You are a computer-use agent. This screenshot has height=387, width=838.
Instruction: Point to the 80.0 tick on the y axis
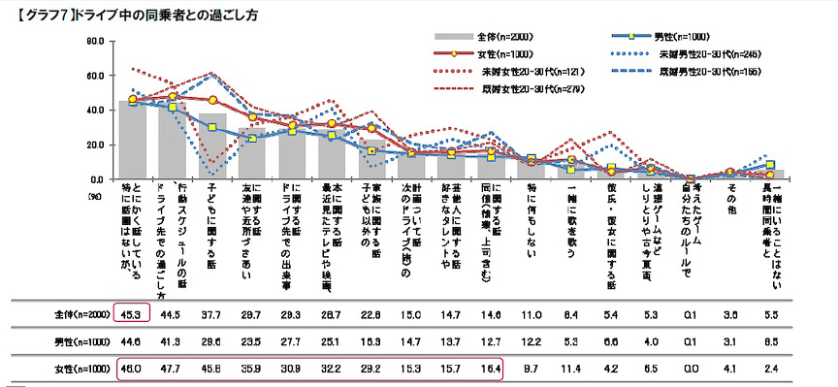[94, 41]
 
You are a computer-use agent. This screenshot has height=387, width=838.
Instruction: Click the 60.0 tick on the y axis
[94, 76]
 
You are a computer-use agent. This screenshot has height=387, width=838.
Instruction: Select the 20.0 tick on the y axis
[94, 145]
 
